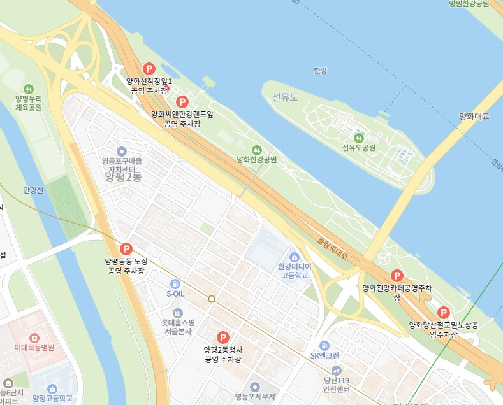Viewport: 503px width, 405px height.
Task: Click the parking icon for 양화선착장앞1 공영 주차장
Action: (x=149, y=68)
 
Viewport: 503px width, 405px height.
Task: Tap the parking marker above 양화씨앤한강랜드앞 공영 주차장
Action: (x=182, y=101)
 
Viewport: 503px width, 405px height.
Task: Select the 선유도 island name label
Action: (x=285, y=97)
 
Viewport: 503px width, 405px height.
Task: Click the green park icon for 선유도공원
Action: (x=358, y=137)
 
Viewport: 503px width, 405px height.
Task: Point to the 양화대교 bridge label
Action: (x=474, y=116)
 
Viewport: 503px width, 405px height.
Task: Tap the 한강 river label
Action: (x=320, y=70)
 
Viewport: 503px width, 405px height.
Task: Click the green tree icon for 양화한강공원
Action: (x=257, y=149)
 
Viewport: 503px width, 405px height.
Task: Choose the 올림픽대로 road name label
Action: (x=333, y=248)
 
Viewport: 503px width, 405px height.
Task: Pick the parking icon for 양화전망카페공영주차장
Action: (x=397, y=276)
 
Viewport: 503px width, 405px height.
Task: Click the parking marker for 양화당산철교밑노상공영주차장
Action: (x=444, y=312)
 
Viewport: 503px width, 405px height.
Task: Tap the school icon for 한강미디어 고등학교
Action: (x=293, y=255)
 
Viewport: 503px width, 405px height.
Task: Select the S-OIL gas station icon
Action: (x=175, y=283)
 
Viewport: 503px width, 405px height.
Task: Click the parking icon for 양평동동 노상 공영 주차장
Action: (x=126, y=249)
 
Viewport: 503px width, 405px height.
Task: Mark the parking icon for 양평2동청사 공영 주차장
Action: (x=222, y=337)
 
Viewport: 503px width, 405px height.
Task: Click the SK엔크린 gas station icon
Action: (x=324, y=345)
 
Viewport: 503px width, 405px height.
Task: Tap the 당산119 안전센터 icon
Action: (x=337, y=370)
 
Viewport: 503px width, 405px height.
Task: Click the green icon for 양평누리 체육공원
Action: (x=28, y=89)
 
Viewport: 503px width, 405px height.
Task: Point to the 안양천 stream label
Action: (x=33, y=190)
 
